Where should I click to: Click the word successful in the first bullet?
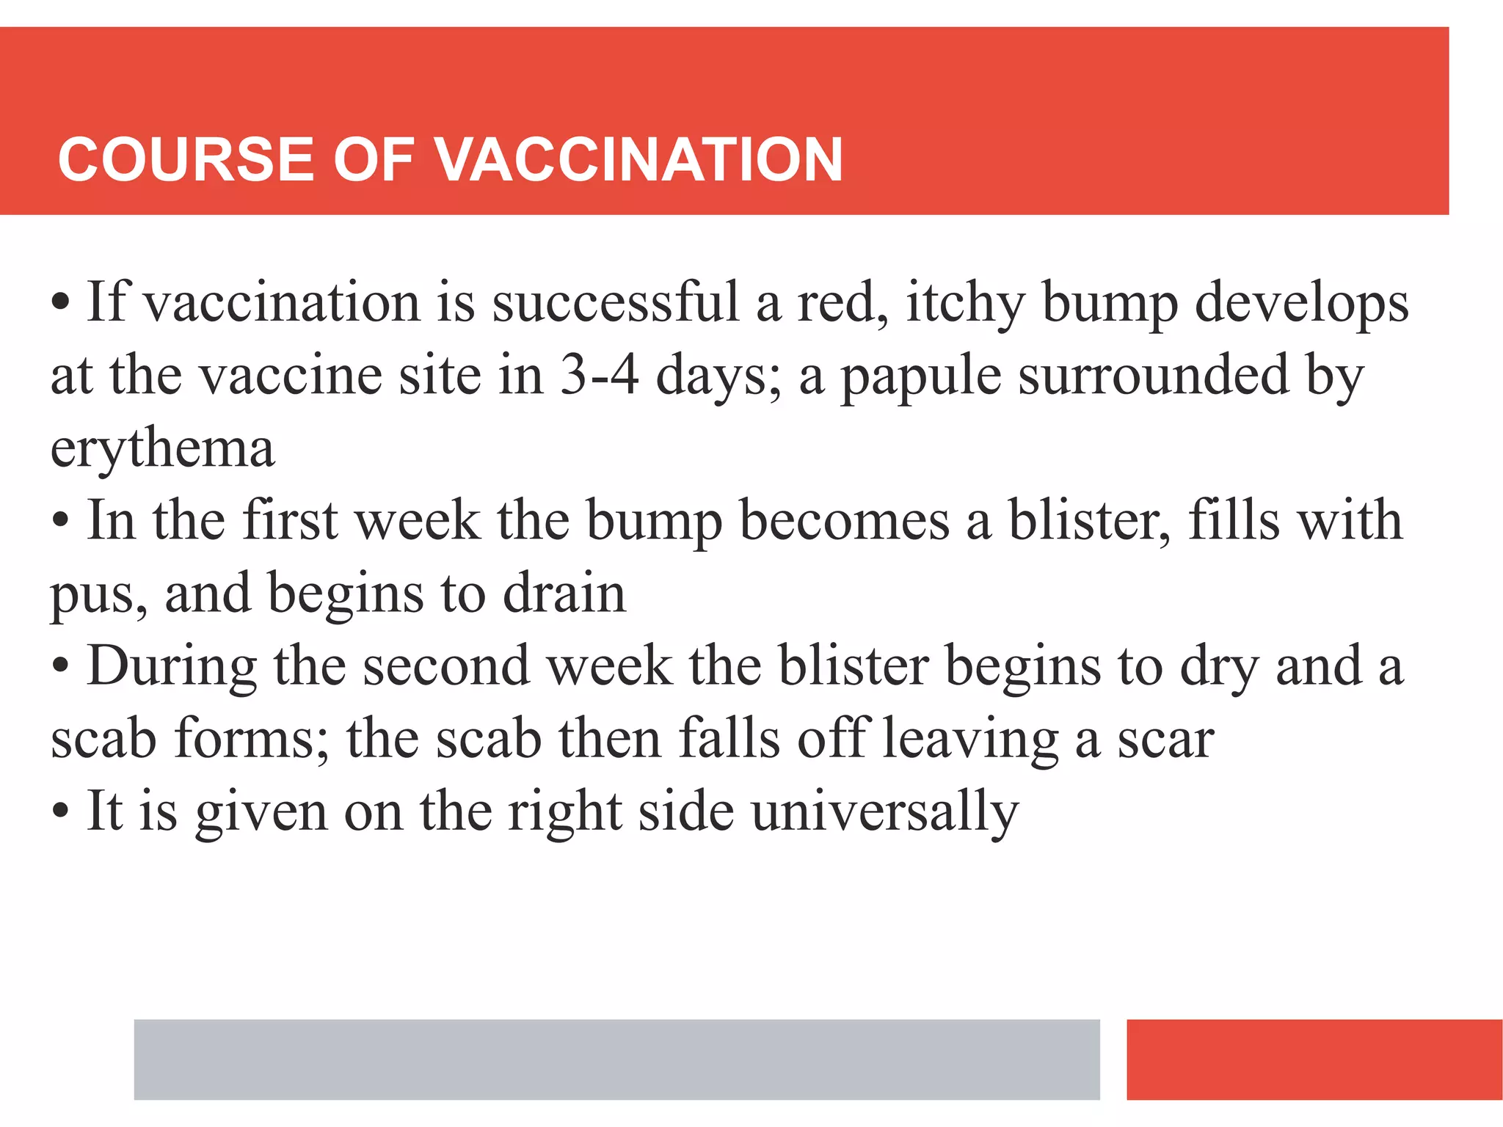[615, 302]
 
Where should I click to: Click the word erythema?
[162, 449]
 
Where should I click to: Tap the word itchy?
[965, 304]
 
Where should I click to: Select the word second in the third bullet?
[446, 665]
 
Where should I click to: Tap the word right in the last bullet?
[565, 812]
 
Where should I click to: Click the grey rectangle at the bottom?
[616, 1059]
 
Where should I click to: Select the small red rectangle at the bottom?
[1314, 1059]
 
